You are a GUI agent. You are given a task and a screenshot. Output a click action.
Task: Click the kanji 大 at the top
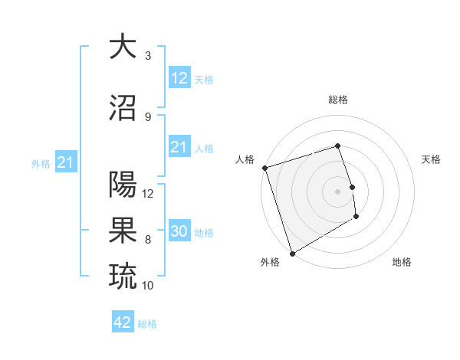tap(122, 47)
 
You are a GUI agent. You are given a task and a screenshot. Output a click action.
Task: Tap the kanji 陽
tap(122, 185)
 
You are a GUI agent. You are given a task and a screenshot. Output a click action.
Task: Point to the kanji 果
tap(122, 231)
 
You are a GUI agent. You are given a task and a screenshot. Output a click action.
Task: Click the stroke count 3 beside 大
tap(148, 56)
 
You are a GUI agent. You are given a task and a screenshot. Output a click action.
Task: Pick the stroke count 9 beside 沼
tap(148, 117)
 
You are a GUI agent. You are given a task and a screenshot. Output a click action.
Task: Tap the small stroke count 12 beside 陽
tap(149, 194)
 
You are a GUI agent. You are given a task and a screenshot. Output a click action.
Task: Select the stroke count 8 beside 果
tap(148, 240)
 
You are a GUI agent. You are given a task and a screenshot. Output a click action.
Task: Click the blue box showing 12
tap(179, 78)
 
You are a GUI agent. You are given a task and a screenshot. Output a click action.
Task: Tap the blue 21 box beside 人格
tap(179, 147)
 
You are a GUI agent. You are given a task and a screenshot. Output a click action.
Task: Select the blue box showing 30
tap(179, 231)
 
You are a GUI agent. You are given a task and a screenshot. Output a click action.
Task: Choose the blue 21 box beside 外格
tap(65, 162)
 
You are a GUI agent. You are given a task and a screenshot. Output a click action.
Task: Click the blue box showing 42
tap(122, 322)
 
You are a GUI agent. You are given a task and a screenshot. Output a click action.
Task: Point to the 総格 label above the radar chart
tap(338, 100)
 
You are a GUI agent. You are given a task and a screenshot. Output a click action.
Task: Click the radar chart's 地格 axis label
tap(402, 262)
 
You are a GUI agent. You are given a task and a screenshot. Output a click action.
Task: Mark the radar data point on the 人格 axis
tap(264, 168)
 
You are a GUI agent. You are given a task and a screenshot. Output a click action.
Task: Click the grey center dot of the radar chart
tap(338, 191)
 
